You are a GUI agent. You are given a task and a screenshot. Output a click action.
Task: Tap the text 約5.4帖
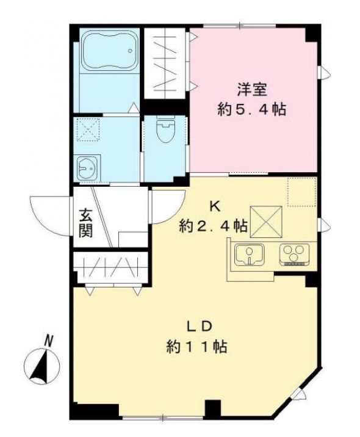(x=252, y=110)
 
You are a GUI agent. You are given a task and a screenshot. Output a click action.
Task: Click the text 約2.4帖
(x=213, y=226)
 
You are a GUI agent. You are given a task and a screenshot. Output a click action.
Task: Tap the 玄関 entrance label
(x=85, y=224)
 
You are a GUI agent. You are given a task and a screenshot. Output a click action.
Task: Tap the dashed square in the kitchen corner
(x=300, y=191)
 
